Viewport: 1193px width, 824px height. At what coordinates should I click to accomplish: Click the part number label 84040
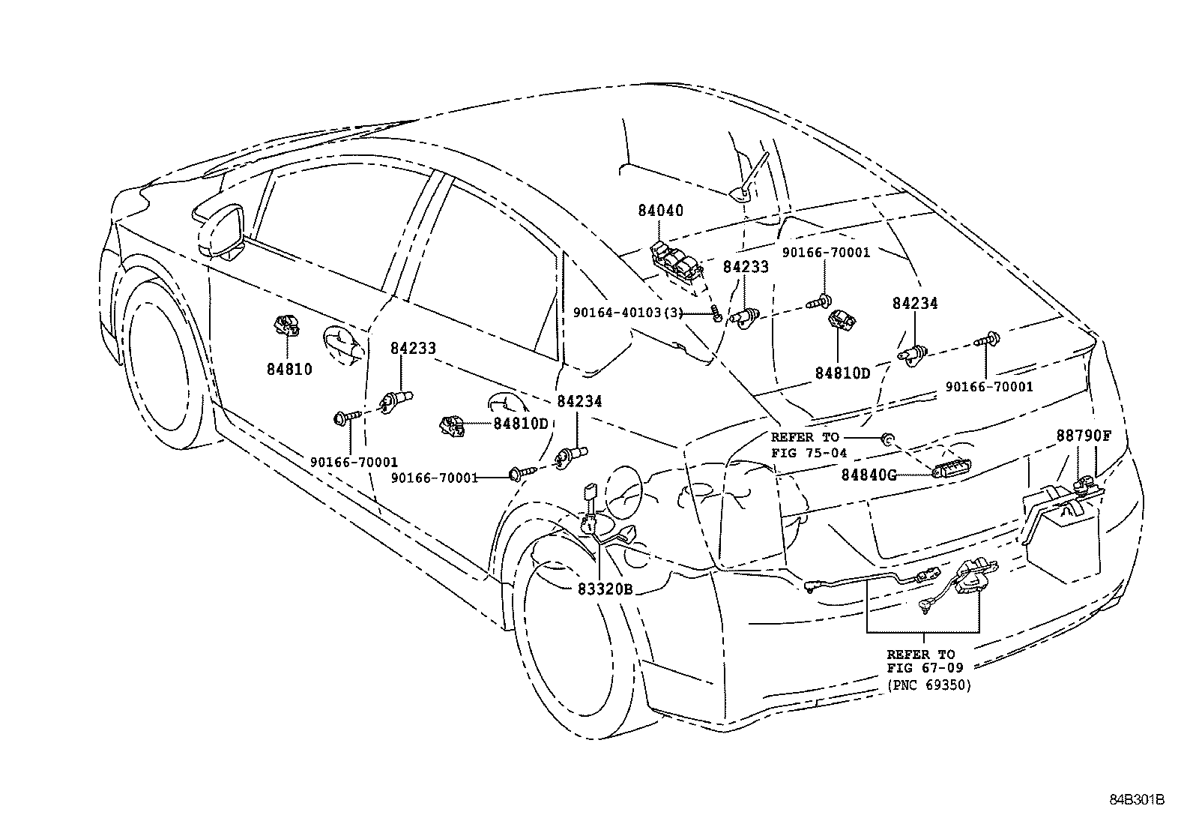660,211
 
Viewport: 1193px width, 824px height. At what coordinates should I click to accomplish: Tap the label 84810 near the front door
289,369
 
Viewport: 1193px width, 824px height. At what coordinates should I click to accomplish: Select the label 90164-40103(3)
628,312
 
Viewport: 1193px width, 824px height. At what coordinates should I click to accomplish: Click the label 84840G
869,474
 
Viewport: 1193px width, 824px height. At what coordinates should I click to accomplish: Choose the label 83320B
605,589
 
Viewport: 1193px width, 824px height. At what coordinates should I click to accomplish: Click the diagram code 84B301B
1137,800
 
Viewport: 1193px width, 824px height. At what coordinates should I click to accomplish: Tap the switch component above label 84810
286,327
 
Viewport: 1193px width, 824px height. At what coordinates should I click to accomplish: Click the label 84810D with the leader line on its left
521,423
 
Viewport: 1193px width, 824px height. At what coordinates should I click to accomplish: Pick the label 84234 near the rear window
914,304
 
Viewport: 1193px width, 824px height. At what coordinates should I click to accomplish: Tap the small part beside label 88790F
1084,484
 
